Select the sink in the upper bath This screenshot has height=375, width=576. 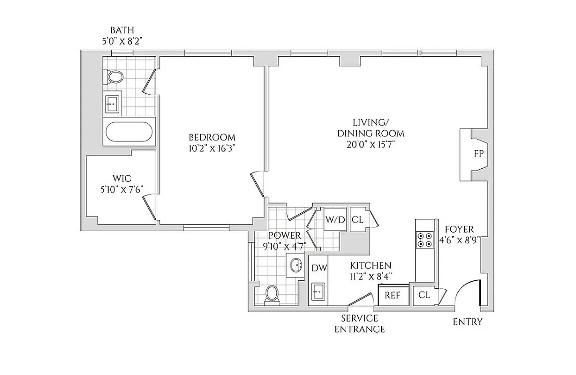click(112, 103)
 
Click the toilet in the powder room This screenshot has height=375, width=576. click(272, 294)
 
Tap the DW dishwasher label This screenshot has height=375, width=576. click(318, 267)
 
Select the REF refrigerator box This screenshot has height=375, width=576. click(392, 295)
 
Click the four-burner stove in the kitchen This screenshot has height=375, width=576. click(424, 240)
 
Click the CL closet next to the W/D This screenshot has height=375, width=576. click(357, 219)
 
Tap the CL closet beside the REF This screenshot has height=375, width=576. click(424, 295)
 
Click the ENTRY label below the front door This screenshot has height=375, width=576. click(467, 322)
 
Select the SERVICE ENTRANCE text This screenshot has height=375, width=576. click(359, 323)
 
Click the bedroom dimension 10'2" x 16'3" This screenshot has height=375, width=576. click(212, 150)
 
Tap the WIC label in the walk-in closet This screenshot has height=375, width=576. click(121, 179)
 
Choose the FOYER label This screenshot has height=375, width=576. click(459, 230)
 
